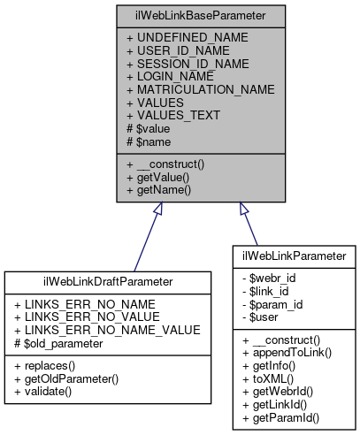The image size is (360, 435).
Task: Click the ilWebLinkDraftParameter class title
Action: coord(107,282)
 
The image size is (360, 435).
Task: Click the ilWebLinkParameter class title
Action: coord(293,256)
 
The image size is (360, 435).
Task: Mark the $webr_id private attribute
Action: coord(272,278)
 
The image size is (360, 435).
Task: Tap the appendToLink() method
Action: coord(284,352)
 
